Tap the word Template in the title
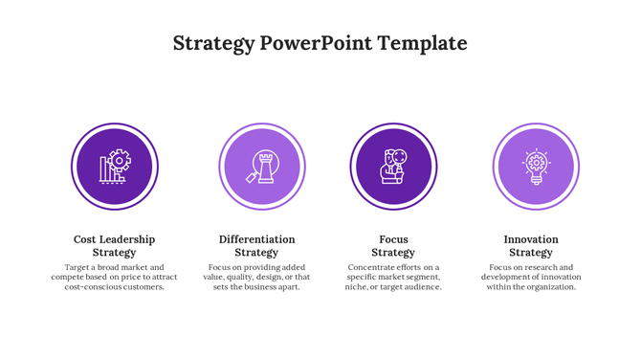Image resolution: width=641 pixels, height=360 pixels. [x=422, y=44]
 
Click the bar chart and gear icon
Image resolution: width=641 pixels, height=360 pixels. [x=115, y=167]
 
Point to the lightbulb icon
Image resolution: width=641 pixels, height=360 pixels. [x=536, y=167]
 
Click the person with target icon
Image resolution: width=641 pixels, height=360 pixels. [x=393, y=167]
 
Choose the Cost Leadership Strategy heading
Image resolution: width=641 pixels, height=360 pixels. [x=114, y=246]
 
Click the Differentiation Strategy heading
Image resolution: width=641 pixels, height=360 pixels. [x=256, y=246]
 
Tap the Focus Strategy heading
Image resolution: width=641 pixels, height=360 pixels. [x=393, y=246]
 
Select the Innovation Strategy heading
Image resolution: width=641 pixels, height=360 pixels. [x=531, y=246]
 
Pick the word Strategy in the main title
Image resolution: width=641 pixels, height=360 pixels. [x=213, y=44]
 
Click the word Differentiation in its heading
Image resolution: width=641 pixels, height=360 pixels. [x=256, y=239]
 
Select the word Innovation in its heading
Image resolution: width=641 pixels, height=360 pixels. [x=531, y=239]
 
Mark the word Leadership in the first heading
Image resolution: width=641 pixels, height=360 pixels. [x=126, y=239]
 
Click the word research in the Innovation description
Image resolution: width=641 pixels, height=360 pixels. [x=535, y=268]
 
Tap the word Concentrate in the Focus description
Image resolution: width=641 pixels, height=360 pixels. [x=370, y=268]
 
